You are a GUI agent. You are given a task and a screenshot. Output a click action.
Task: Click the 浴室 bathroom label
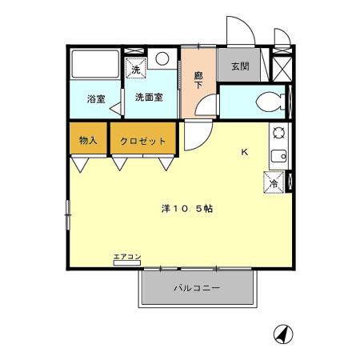pos(96,99)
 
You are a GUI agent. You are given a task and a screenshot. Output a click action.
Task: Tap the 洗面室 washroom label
pos(149,98)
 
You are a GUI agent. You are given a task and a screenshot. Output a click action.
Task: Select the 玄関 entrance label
pos(239,66)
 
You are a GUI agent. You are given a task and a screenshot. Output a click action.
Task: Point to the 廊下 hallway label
pos(198,80)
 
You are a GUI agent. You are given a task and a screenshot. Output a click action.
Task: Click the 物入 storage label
pos(88,141)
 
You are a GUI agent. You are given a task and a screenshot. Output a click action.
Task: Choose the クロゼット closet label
pos(143,141)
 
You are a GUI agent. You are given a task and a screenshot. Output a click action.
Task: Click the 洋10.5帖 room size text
pos(186,208)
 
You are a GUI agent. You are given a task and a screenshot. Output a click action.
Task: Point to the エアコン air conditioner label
pos(127,256)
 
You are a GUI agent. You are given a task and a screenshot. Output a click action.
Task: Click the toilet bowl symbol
pos(270,101)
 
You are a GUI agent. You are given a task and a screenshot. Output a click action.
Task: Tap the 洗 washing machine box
pos(135,68)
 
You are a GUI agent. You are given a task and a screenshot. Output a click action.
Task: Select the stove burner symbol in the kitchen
pos(278,133)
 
